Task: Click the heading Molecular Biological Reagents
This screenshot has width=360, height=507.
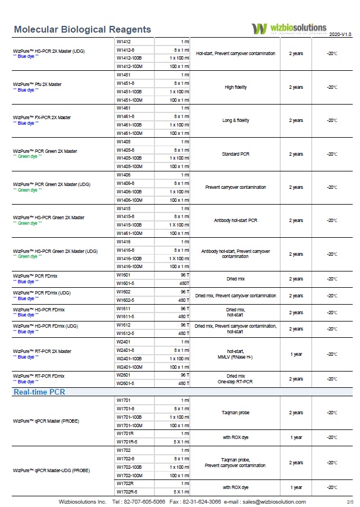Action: point(82,30)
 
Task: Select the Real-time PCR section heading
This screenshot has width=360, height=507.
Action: point(39,392)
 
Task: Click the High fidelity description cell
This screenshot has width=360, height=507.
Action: point(235,87)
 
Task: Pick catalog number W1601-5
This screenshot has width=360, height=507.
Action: point(126,283)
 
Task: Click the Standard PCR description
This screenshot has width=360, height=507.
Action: point(235,154)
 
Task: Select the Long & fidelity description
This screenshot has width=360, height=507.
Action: point(235,120)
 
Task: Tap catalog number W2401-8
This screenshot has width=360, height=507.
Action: point(126,350)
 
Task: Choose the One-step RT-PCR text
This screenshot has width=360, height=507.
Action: point(235,382)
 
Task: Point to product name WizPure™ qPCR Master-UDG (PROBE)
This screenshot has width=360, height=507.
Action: point(51,470)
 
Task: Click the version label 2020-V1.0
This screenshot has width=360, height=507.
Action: point(340,34)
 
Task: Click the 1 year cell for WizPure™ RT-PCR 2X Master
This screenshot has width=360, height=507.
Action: point(296,354)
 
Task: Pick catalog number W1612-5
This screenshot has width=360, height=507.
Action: point(126,333)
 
